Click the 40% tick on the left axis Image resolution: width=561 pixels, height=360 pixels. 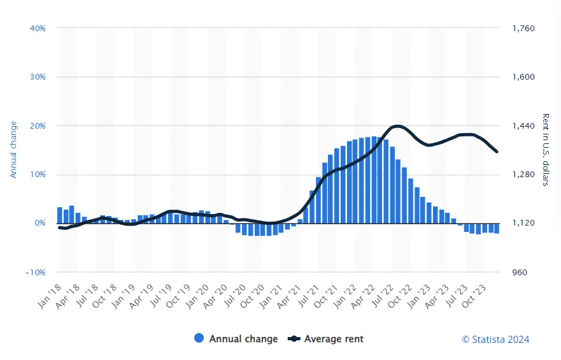coord(38,28)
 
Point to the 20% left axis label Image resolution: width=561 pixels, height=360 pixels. coord(38,126)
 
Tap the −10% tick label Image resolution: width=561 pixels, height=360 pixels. coord(36,272)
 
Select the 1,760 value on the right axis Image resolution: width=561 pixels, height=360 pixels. coord(523,28)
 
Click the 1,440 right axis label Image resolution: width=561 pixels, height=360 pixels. coord(523,126)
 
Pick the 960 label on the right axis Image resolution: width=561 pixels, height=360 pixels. coord(520,272)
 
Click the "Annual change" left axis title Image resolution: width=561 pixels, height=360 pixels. coord(13,150)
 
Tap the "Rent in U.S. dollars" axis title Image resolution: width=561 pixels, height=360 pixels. coord(546,150)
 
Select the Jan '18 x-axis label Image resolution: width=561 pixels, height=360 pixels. coord(50,296)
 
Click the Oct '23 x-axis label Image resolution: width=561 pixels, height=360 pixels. coord(473,296)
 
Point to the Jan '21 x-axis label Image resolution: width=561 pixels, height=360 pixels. coord(271,296)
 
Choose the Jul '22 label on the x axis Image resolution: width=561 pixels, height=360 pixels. coord(383,296)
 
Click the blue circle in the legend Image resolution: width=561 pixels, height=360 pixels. coord(199,338)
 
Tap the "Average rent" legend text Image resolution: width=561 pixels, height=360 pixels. coord(334,339)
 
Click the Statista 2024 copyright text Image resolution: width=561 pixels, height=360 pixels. coord(495,339)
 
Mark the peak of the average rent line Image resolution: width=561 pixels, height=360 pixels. coord(397,126)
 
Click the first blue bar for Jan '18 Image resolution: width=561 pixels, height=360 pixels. coord(60,215)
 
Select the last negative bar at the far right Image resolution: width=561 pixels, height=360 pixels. coord(497,228)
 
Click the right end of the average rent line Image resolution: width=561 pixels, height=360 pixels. coord(497,152)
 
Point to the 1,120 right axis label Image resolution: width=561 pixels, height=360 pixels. coord(523,223)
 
